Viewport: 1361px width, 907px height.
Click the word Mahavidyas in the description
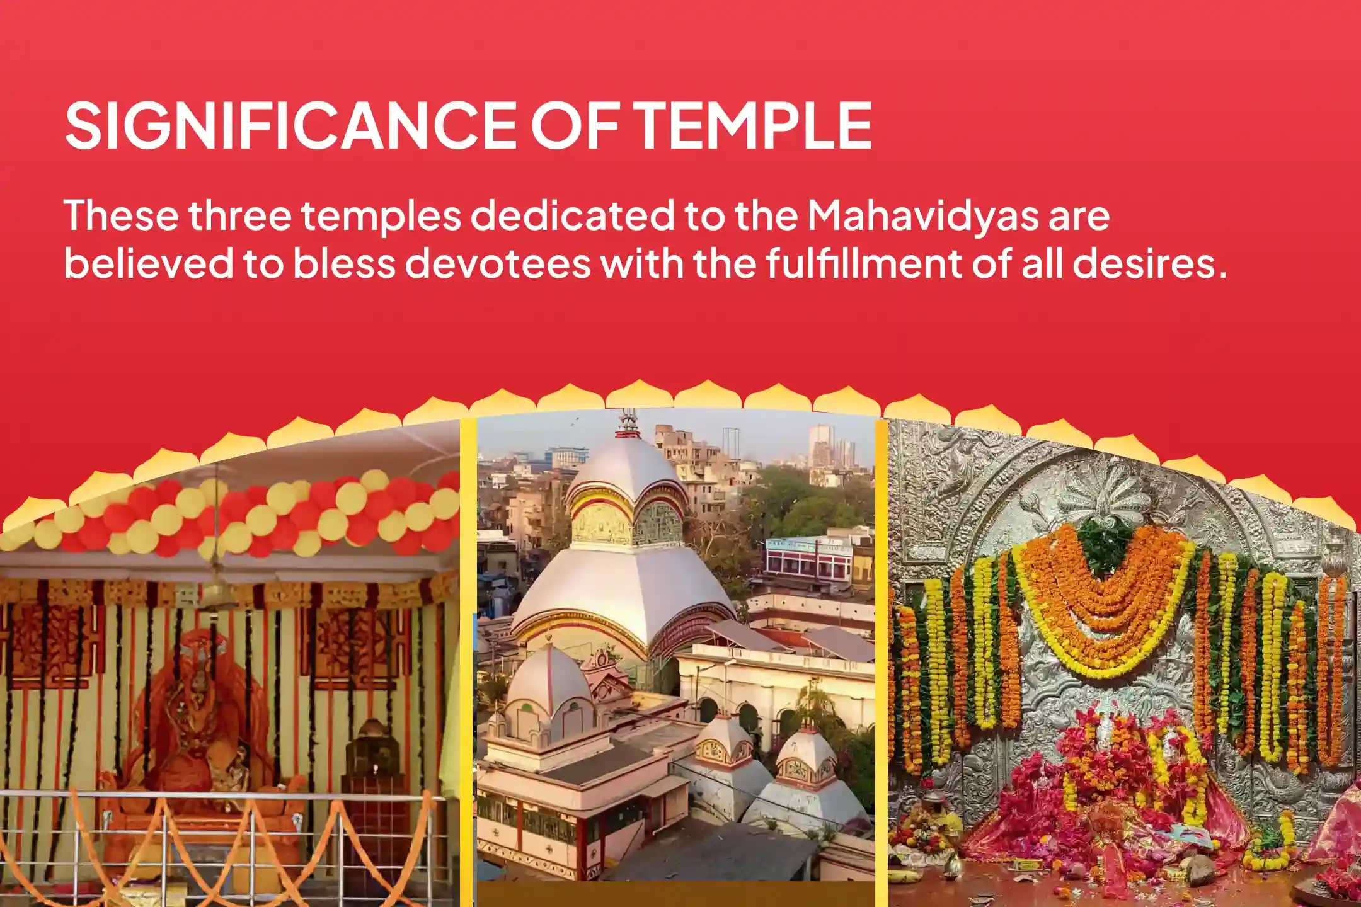click(x=922, y=215)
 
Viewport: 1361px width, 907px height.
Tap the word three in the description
click(x=239, y=215)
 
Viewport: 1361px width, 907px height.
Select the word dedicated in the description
click(x=572, y=215)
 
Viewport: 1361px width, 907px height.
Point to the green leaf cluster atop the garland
click(x=1103, y=542)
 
